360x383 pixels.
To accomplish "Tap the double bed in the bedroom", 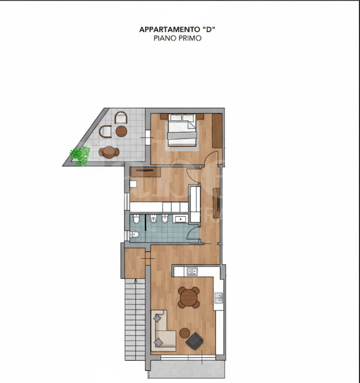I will tap(182, 129).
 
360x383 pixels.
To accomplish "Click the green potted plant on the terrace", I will tap(80, 155).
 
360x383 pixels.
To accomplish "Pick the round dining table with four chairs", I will tap(189, 297).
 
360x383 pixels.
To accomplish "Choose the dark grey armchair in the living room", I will tap(195, 341).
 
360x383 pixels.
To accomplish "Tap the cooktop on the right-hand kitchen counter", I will tap(218, 298).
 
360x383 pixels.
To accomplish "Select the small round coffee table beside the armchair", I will tap(184, 333).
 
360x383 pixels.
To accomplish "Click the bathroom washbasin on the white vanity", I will tap(180, 219).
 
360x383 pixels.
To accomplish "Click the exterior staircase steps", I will tap(135, 324).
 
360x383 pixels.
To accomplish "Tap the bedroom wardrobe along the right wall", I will tap(217, 130).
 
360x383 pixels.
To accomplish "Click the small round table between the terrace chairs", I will tap(121, 131).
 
